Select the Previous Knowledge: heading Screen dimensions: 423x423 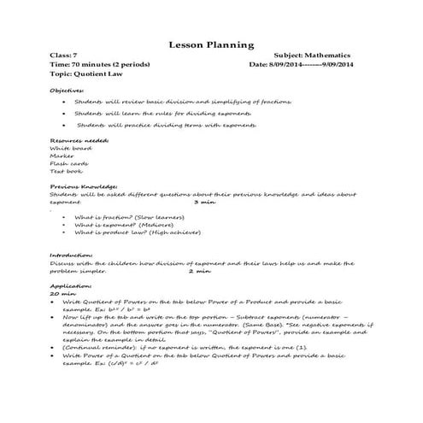coord(83,186)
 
